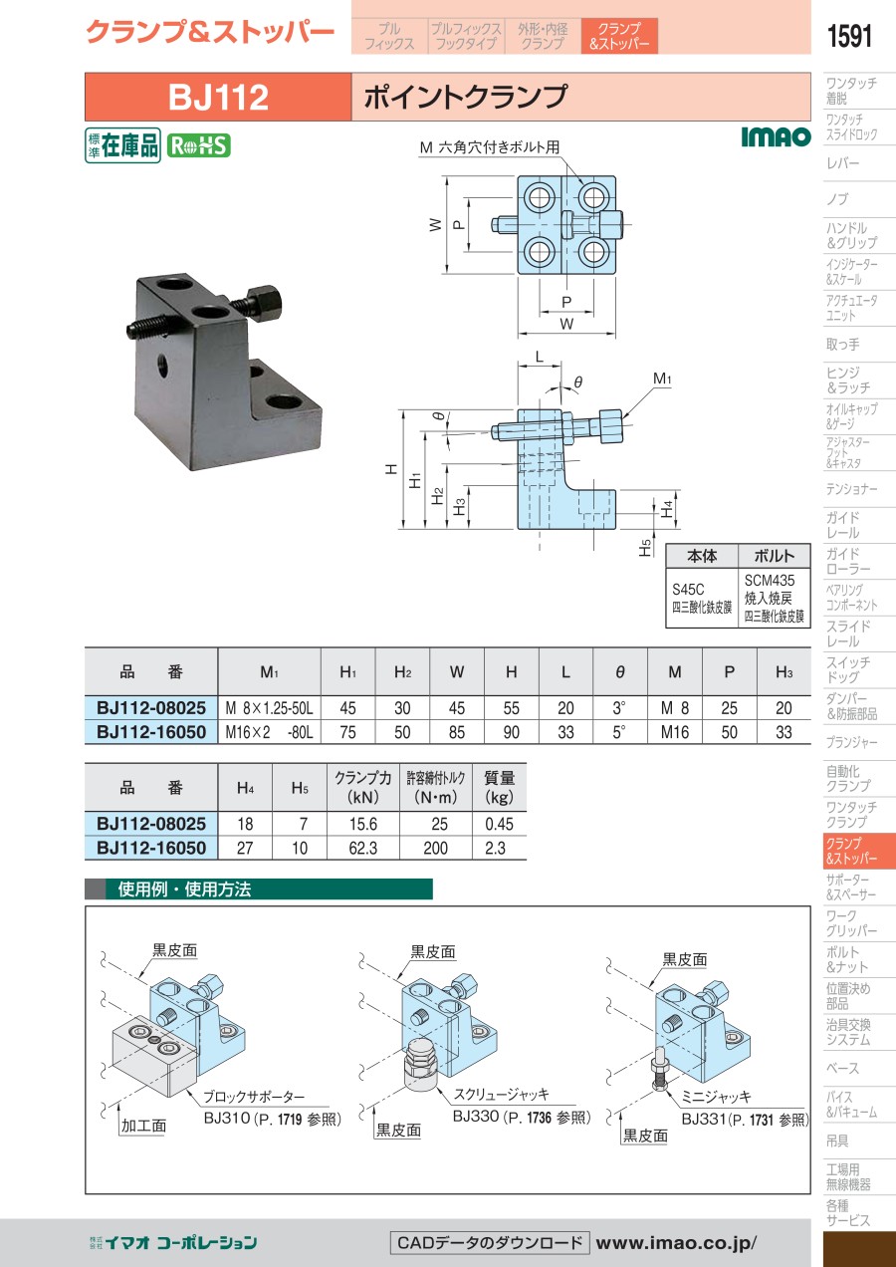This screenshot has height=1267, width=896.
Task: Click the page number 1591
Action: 849,36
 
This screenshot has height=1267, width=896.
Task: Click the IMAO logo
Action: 776,136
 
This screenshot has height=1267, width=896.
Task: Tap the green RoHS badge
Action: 198,146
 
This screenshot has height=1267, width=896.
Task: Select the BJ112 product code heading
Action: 218,97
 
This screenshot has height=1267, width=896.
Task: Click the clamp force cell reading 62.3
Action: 363,848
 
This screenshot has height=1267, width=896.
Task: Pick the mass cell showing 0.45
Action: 499,824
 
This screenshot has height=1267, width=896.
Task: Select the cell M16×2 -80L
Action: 269,732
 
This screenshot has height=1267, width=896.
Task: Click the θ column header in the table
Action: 619,672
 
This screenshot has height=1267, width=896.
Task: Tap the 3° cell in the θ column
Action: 619,707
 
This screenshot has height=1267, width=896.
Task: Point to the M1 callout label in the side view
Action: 661,379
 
